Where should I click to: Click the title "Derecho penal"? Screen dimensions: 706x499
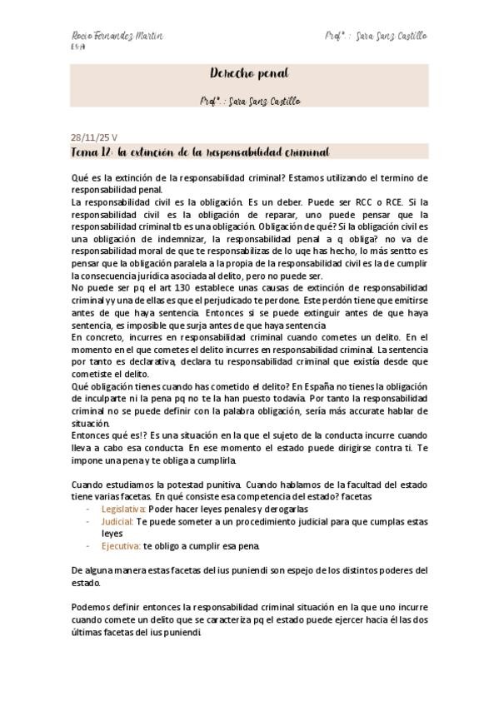(x=249, y=73)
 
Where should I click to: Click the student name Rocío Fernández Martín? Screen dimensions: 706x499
(x=117, y=37)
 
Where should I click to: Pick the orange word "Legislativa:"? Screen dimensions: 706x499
(x=123, y=509)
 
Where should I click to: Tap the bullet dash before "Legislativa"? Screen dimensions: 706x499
(x=88, y=509)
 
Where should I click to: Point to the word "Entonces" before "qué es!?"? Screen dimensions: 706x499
(x=93, y=435)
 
